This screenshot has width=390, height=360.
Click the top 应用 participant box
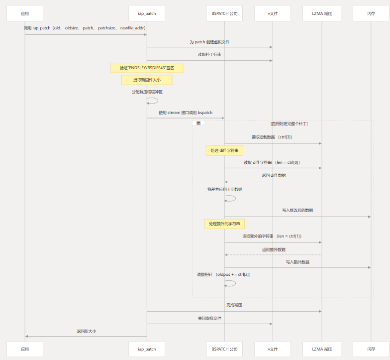(25, 13)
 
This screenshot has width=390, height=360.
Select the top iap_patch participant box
(147, 13)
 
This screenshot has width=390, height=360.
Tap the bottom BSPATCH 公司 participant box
(224, 349)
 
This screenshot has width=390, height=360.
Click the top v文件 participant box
(273, 13)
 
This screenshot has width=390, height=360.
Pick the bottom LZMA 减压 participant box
(322, 349)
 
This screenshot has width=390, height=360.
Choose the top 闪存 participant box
(371, 13)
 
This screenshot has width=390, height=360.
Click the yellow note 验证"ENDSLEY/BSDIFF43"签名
(147, 68)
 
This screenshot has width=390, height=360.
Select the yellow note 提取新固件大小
(147, 80)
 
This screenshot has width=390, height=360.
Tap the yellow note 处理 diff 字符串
(224, 150)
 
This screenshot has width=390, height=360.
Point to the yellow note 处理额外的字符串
(224, 224)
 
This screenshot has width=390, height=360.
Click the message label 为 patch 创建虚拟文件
(209, 42)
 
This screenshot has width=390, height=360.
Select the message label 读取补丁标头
(209, 55)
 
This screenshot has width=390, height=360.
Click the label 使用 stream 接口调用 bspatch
(186, 113)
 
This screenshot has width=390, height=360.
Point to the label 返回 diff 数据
(274, 176)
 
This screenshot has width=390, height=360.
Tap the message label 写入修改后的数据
(297, 211)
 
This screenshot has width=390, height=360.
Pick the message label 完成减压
(234, 305)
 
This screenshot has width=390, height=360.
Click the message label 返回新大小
(86, 331)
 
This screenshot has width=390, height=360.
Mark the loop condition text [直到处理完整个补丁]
(289, 123)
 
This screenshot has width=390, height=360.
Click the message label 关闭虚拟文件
(209, 318)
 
